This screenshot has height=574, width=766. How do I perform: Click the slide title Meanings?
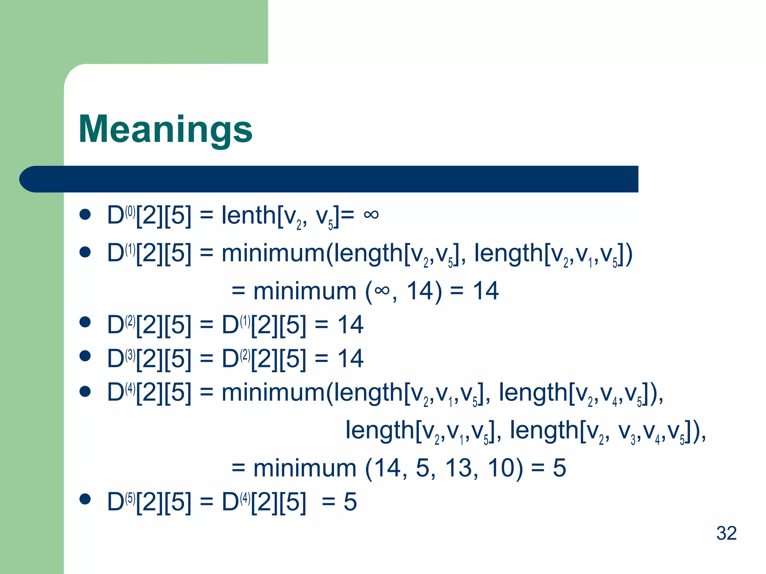pyautogui.click(x=165, y=129)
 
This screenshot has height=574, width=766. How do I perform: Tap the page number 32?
pyautogui.click(x=726, y=533)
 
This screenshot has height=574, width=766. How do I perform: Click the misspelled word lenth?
pyautogui.click(x=248, y=215)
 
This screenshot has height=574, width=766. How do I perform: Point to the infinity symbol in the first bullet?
pyautogui.click(x=371, y=215)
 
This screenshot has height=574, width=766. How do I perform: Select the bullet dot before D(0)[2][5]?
pyautogui.click(x=85, y=215)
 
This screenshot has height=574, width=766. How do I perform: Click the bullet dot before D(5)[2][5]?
pyautogui.click(x=85, y=499)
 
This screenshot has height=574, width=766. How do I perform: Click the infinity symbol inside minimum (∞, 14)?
pyautogui.click(x=381, y=291)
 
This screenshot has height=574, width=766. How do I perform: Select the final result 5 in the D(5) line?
pyautogui.click(x=350, y=502)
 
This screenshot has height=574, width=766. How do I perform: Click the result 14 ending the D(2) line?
pyautogui.click(x=350, y=325)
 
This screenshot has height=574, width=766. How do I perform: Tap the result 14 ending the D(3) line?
pyautogui.click(x=350, y=358)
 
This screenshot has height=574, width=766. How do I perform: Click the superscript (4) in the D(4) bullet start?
pyautogui.click(x=130, y=389)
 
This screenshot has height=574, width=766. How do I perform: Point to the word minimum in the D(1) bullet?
pyautogui.click(x=273, y=253)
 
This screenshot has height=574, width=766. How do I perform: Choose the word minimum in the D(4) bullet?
pyautogui.click(x=273, y=393)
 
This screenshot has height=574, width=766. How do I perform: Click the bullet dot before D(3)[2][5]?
pyautogui.click(x=85, y=356)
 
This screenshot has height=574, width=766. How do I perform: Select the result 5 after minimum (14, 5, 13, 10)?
pyautogui.click(x=560, y=468)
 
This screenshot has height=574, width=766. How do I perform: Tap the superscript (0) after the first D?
pyautogui.click(x=130, y=212)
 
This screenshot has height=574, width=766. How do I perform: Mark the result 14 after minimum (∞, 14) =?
pyautogui.click(x=485, y=291)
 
